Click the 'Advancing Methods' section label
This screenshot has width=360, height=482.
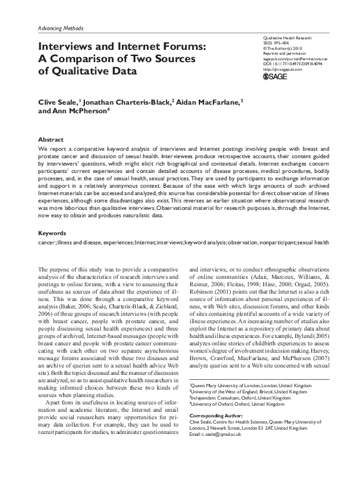tap(60, 28)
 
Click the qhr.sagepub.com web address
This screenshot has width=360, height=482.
tap(283, 69)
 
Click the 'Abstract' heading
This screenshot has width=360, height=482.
tap(50, 140)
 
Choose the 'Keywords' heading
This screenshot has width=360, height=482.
tap(52, 233)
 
